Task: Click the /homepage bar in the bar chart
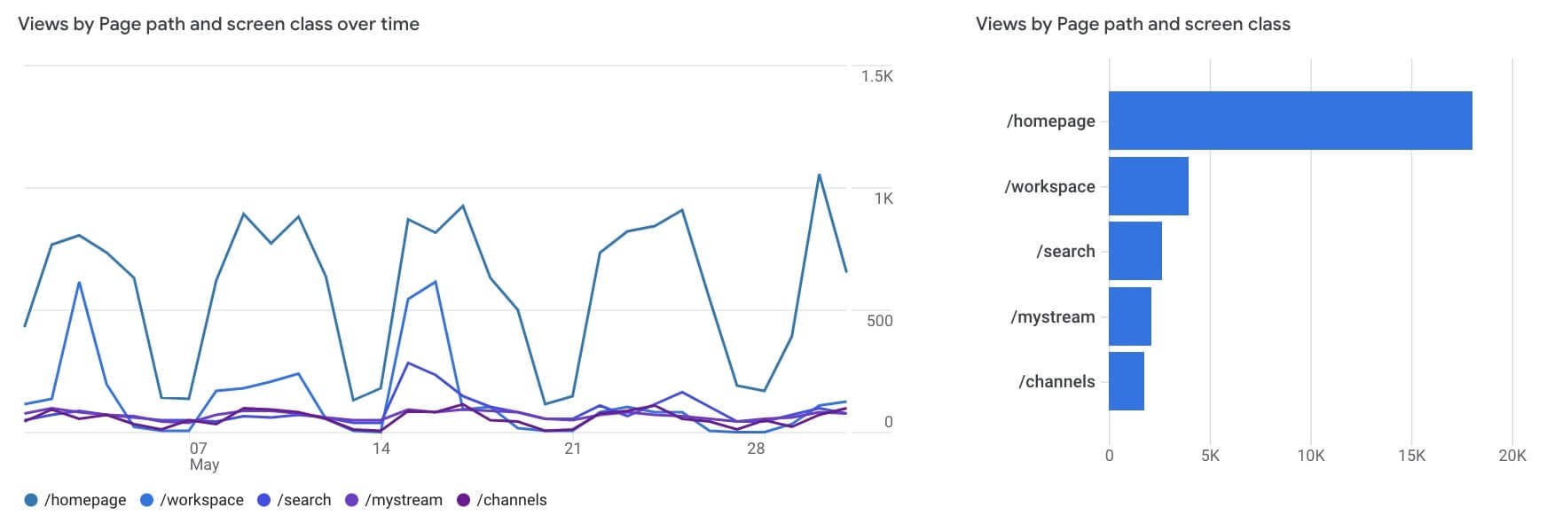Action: click(x=1290, y=121)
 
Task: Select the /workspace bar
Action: click(x=1148, y=186)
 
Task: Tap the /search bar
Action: click(x=1135, y=251)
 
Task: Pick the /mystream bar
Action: click(x=1129, y=316)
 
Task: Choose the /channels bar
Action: click(x=1126, y=381)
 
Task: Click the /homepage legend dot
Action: click(x=31, y=500)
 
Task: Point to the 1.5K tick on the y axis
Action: click(x=876, y=76)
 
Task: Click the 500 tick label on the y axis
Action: click(x=879, y=321)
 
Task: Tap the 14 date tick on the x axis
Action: click(x=381, y=449)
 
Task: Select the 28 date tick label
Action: click(x=755, y=449)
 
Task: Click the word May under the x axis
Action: click(x=204, y=464)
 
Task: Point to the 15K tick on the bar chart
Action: click(x=1411, y=456)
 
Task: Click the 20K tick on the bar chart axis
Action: click(x=1512, y=456)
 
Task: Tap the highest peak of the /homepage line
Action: click(x=819, y=175)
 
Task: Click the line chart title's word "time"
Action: click(x=399, y=24)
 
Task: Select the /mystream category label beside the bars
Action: click(x=1052, y=316)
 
